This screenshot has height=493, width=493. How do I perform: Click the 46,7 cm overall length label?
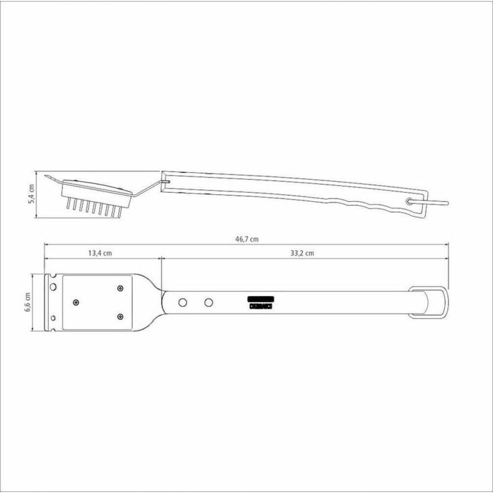click(x=247, y=239)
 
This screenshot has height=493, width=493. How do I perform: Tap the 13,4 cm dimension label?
click(x=100, y=253)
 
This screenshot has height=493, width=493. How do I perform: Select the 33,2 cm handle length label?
click(x=303, y=253)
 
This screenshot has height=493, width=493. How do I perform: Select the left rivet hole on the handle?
click(x=182, y=301)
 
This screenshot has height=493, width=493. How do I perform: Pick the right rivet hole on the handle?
click(x=209, y=301)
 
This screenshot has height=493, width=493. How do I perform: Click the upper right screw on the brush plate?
click(x=120, y=288)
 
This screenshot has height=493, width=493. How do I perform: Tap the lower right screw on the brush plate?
click(x=120, y=316)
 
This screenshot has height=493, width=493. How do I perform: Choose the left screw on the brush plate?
click(x=75, y=302)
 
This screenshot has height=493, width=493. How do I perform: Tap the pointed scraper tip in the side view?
click(x=46, y=176)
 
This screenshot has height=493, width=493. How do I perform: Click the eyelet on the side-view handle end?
click(x=409, y=201)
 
